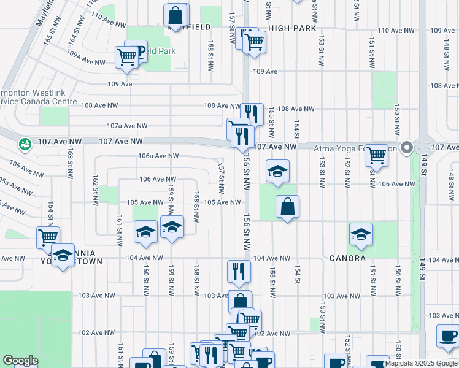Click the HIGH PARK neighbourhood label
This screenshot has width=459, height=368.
pos(292,28)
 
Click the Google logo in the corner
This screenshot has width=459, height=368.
pos(20,361)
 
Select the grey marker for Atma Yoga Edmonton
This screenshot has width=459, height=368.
pos(406,147)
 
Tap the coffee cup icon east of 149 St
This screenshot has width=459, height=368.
pos(447,336)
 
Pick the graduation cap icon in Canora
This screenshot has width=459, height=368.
pos(361,234)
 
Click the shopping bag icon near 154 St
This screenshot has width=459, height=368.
pos(287,207)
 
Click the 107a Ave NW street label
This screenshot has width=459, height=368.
pos(127,126)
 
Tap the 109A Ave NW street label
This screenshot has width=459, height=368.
pos(87,62)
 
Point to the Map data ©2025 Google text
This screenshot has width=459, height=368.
pos(421,363)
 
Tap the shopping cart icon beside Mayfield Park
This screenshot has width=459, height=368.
pos(126,57)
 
